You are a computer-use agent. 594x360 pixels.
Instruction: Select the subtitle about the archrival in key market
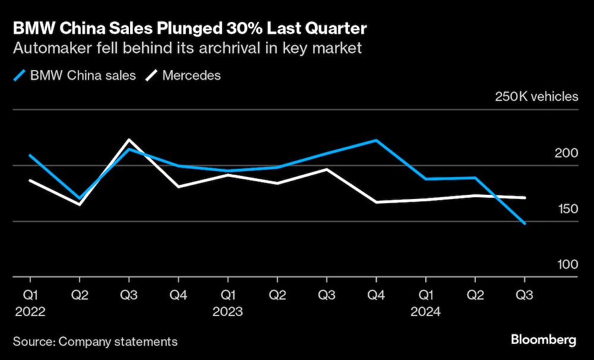click(187, 48)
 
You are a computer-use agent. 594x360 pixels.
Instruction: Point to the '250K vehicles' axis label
click(536, 96)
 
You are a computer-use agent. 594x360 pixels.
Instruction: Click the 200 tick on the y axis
click(566, 153)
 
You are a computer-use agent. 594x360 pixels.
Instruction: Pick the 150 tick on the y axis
click(566, 209)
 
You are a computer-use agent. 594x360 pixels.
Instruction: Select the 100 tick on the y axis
click(566, 264)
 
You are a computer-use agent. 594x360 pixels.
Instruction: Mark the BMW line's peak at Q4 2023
click(375, 140)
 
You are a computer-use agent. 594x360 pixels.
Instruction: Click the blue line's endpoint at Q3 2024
click(525, 223)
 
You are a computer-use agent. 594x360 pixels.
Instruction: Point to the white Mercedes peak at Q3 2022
click(129, 140)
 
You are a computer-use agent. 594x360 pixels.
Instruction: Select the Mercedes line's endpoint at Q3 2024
click(525, 197)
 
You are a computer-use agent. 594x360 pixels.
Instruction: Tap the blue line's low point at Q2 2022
click(80, 198)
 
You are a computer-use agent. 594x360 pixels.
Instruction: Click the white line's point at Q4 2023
click(375, 202)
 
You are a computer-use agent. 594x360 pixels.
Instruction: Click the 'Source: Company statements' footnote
click(95, 342)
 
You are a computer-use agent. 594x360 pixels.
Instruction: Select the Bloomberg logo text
click(544, 340)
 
